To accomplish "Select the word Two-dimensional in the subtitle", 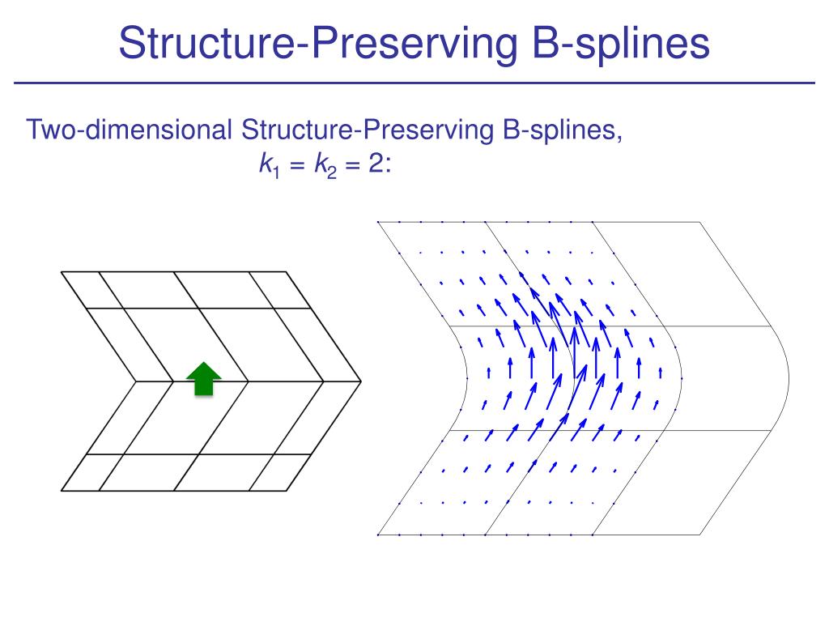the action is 130,130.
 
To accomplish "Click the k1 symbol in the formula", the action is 266,165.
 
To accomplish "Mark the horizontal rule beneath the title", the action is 414,83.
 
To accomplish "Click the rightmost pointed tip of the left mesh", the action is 360,381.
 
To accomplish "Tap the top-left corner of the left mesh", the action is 61,272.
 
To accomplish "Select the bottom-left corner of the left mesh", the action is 62,490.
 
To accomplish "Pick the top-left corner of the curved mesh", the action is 378,221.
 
